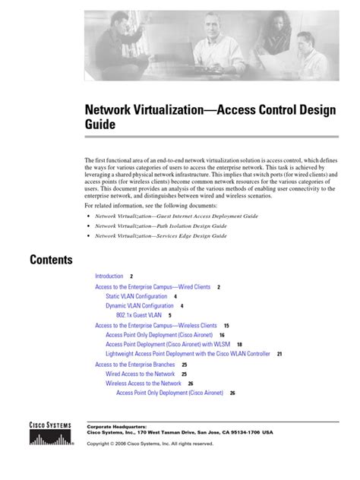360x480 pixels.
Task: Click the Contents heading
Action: (52, 260)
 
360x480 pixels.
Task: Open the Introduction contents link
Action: (109, 276)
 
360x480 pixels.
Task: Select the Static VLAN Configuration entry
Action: (137, 296)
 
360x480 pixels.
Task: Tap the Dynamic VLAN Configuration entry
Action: (140, 305)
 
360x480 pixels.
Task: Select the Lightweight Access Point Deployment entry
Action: (188, 354)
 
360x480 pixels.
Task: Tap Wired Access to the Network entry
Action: (141, 374)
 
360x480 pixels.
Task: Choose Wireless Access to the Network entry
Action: (144, 384)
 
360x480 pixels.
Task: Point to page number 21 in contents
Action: (279, 354)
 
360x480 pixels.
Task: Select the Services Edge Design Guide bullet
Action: (161, 235)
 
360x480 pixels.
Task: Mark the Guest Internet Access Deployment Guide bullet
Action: (176, 216)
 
